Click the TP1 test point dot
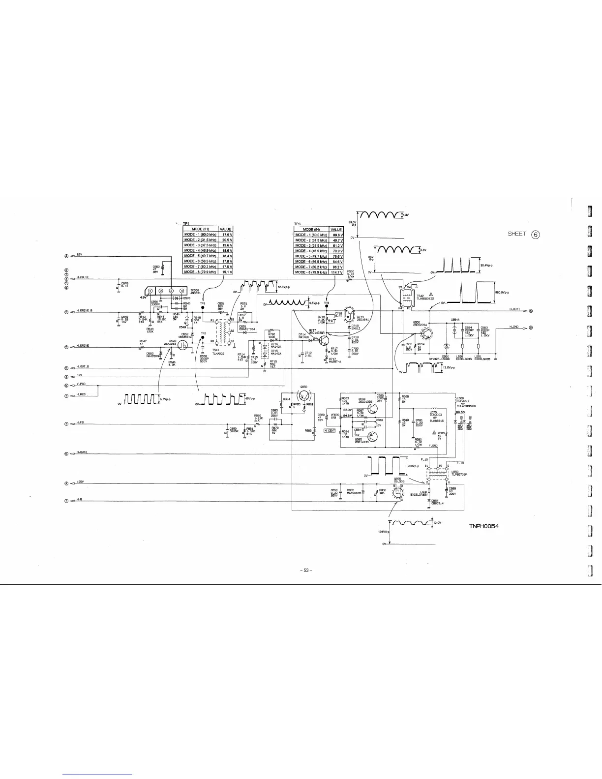pyautogui.click(x=203, y=308)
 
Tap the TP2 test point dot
pyautogui.click(x=203, y=338)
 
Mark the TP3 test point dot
pyautogui.click(x=326, y=307)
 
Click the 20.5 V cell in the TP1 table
pyautogui.click(x=226, y=240)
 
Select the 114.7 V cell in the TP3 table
pyautogui.click(x=336, y=272)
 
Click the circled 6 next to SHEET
pyautogui.click(x=536, y=234)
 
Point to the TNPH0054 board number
pyautogui.click(x=484, y=527)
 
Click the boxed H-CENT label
pyautogui.click(x=329, y=430)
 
